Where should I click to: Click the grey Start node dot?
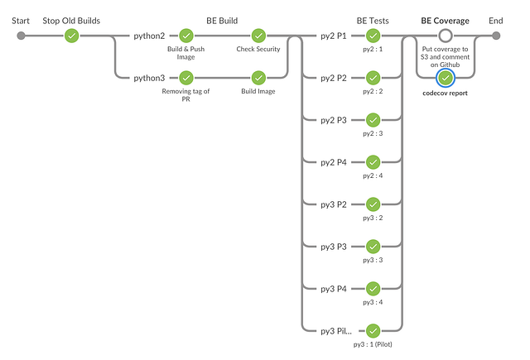pos(21,36)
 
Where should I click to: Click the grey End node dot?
pos(495,36)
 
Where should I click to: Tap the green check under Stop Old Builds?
pos(72,36)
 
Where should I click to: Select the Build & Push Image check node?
pos(186,36)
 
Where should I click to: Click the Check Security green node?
pos(258,36)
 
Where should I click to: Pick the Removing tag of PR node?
pos(186,78)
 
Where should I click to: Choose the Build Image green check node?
pos(258,78)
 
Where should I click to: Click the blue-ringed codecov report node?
pos(446,78)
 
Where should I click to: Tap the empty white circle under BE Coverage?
pos(446,36)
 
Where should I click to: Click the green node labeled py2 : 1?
pos(373,36)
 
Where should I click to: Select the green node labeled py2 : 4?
pos(373,162)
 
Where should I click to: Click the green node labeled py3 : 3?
pos(373,247)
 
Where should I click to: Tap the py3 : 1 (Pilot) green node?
pos(373,330)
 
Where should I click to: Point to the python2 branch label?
pos(150,36)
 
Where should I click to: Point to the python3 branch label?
pos(150,79)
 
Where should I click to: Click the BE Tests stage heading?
pos(373,20)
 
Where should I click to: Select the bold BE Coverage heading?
pos(445,20)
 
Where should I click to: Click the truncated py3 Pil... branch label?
pos(336,331)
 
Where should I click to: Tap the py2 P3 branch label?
pos(335,121)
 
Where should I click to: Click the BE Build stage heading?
pos(222,20)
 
